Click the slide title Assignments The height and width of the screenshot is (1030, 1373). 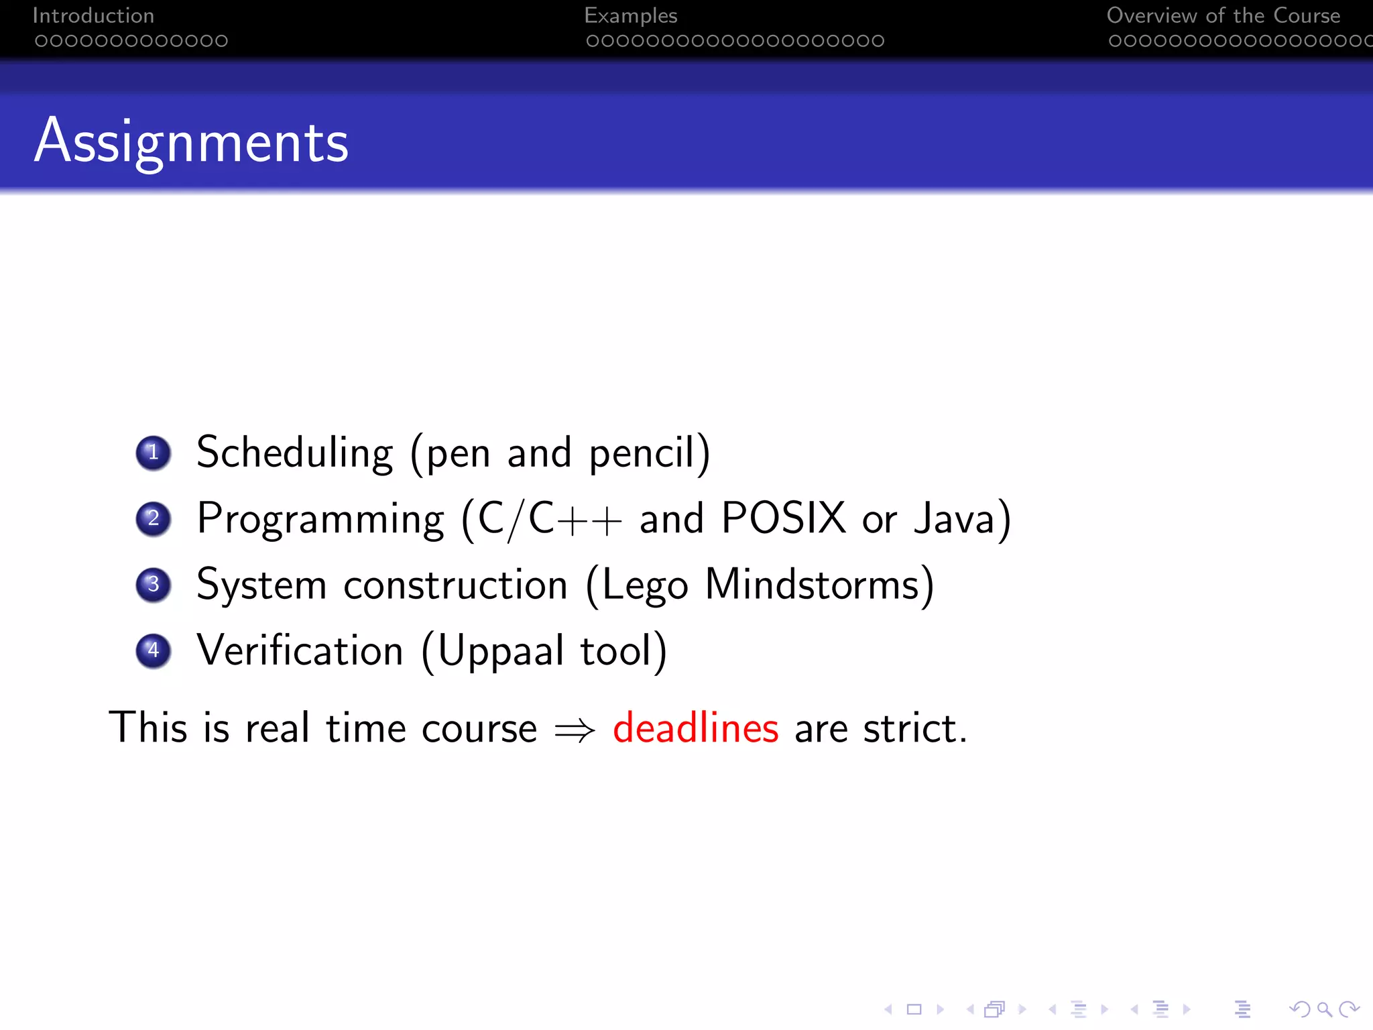[x=192, y=141]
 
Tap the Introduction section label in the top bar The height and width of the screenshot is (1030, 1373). [x=93, y=15]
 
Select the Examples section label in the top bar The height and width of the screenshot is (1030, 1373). [x=630, y=15]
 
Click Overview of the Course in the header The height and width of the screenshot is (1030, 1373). [x=1223, y=15]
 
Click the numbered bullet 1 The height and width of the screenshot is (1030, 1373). [x=154, y=453]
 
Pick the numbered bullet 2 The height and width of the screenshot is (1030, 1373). [x=154, y=518]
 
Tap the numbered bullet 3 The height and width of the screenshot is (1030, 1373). [x=154, y=584]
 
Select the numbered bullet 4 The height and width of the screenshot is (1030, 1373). [x=154, y=650]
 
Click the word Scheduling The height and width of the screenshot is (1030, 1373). [x=294, y=453]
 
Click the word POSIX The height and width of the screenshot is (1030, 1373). [x=783, y=518]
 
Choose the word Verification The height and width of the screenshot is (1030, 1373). [x=300, y=650]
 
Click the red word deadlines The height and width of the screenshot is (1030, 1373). [x=695, y=728]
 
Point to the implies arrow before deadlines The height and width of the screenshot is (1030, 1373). [x=575, y=730]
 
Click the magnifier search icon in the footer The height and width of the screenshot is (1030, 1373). [x=1323, y=1009]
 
